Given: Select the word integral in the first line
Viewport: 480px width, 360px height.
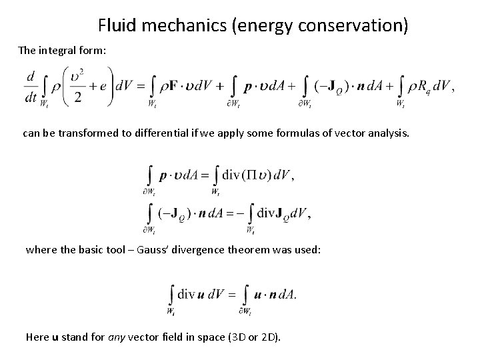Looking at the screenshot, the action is tap(69, 51).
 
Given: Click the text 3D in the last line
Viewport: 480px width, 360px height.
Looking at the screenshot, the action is tap(237, 337).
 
